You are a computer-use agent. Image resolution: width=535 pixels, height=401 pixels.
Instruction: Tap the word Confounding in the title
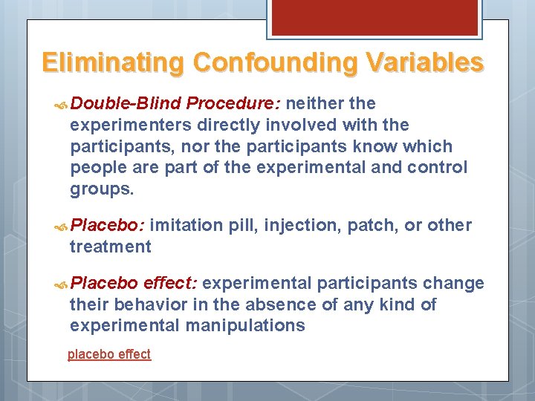click(274, 62)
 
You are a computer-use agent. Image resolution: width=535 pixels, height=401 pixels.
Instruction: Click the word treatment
click(110, 247)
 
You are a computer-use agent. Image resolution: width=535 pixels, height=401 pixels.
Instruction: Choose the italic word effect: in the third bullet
click(170, 283)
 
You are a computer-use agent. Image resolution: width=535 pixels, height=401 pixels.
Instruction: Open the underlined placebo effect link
click(109, 354)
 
